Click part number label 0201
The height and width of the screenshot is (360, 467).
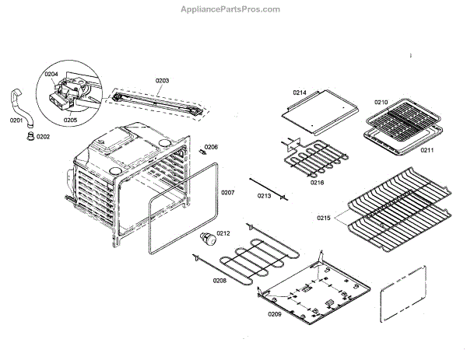click(16, 121)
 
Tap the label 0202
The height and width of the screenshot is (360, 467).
click(43, 137)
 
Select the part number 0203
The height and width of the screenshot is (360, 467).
click(162, 81)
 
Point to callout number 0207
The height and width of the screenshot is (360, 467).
click(227, 192)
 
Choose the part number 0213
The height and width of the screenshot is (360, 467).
click(264, 196)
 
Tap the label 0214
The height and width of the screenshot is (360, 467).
click(300, 93)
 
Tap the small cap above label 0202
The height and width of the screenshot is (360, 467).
click(31, 137)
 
